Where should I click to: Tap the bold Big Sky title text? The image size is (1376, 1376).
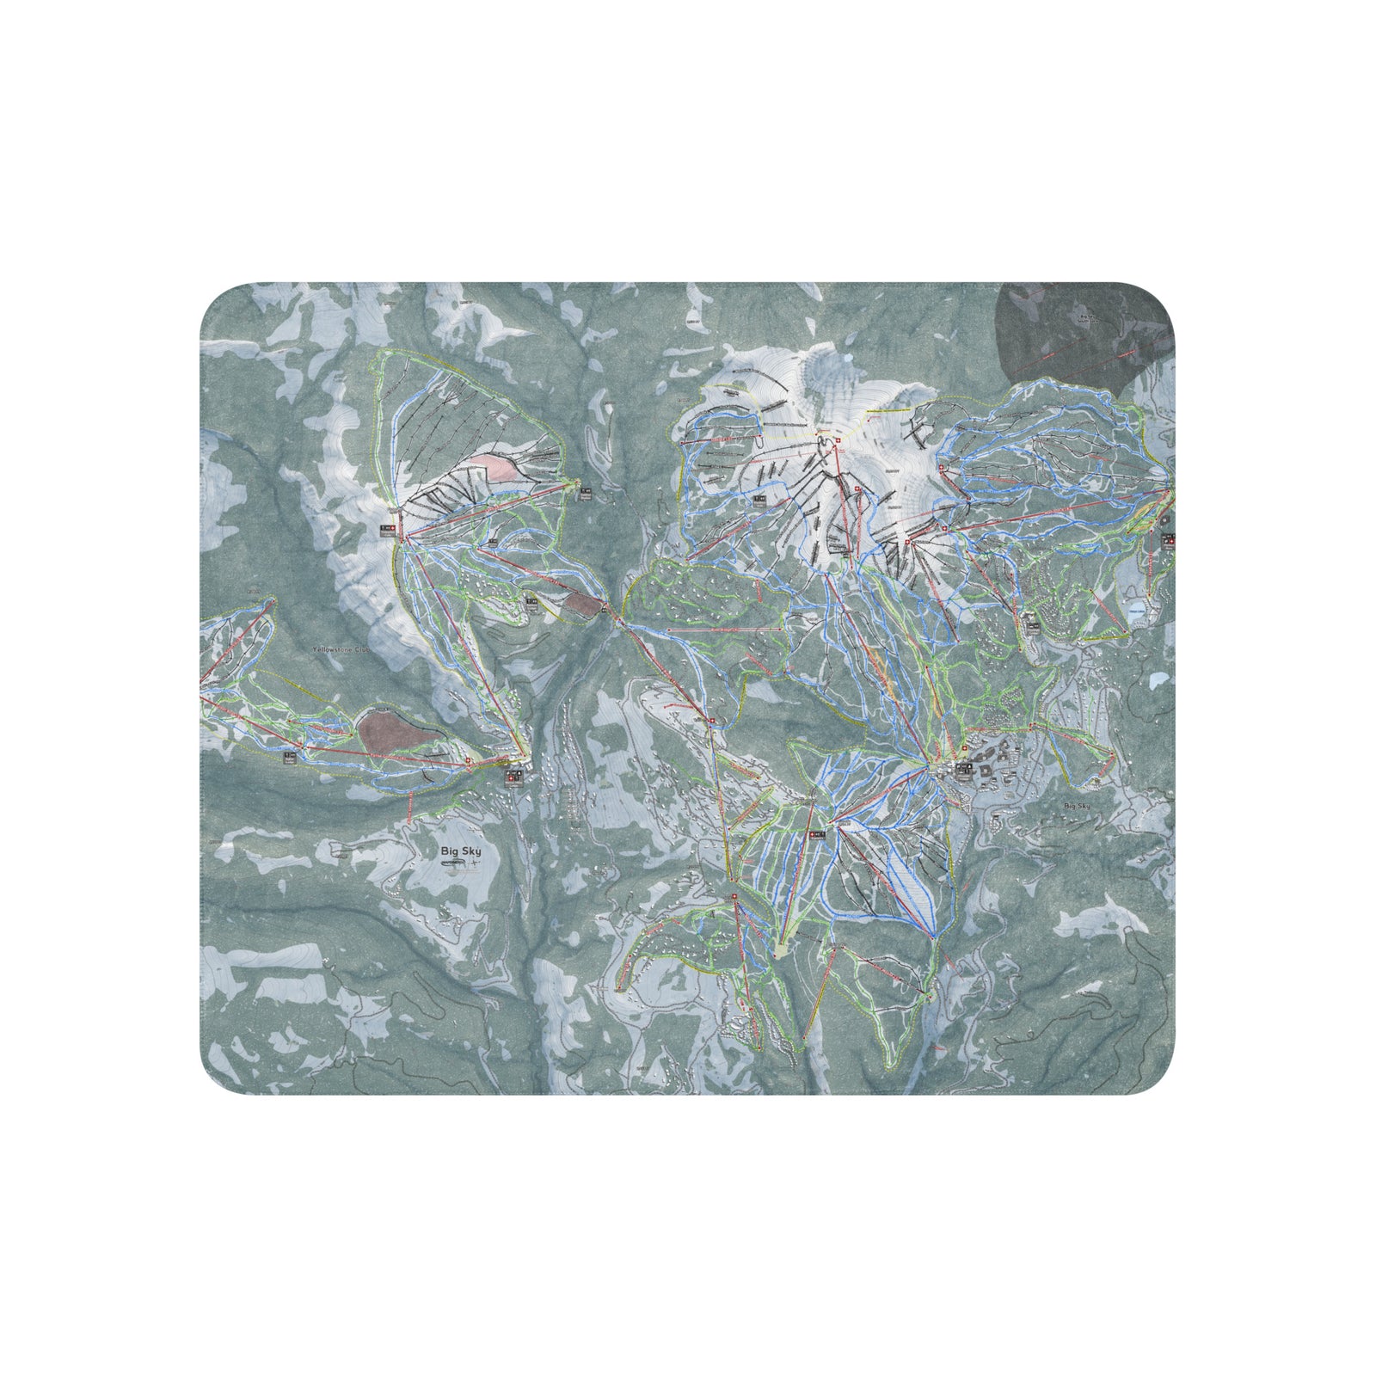click(x=460, y=851)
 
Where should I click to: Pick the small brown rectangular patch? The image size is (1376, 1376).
click(x=584, y=604)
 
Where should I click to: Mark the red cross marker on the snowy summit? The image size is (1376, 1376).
click(x=838, y=441)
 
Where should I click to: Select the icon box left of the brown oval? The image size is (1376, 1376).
click(x=290, y=757)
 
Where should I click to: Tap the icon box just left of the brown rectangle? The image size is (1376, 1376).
click(x=531, y=604)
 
